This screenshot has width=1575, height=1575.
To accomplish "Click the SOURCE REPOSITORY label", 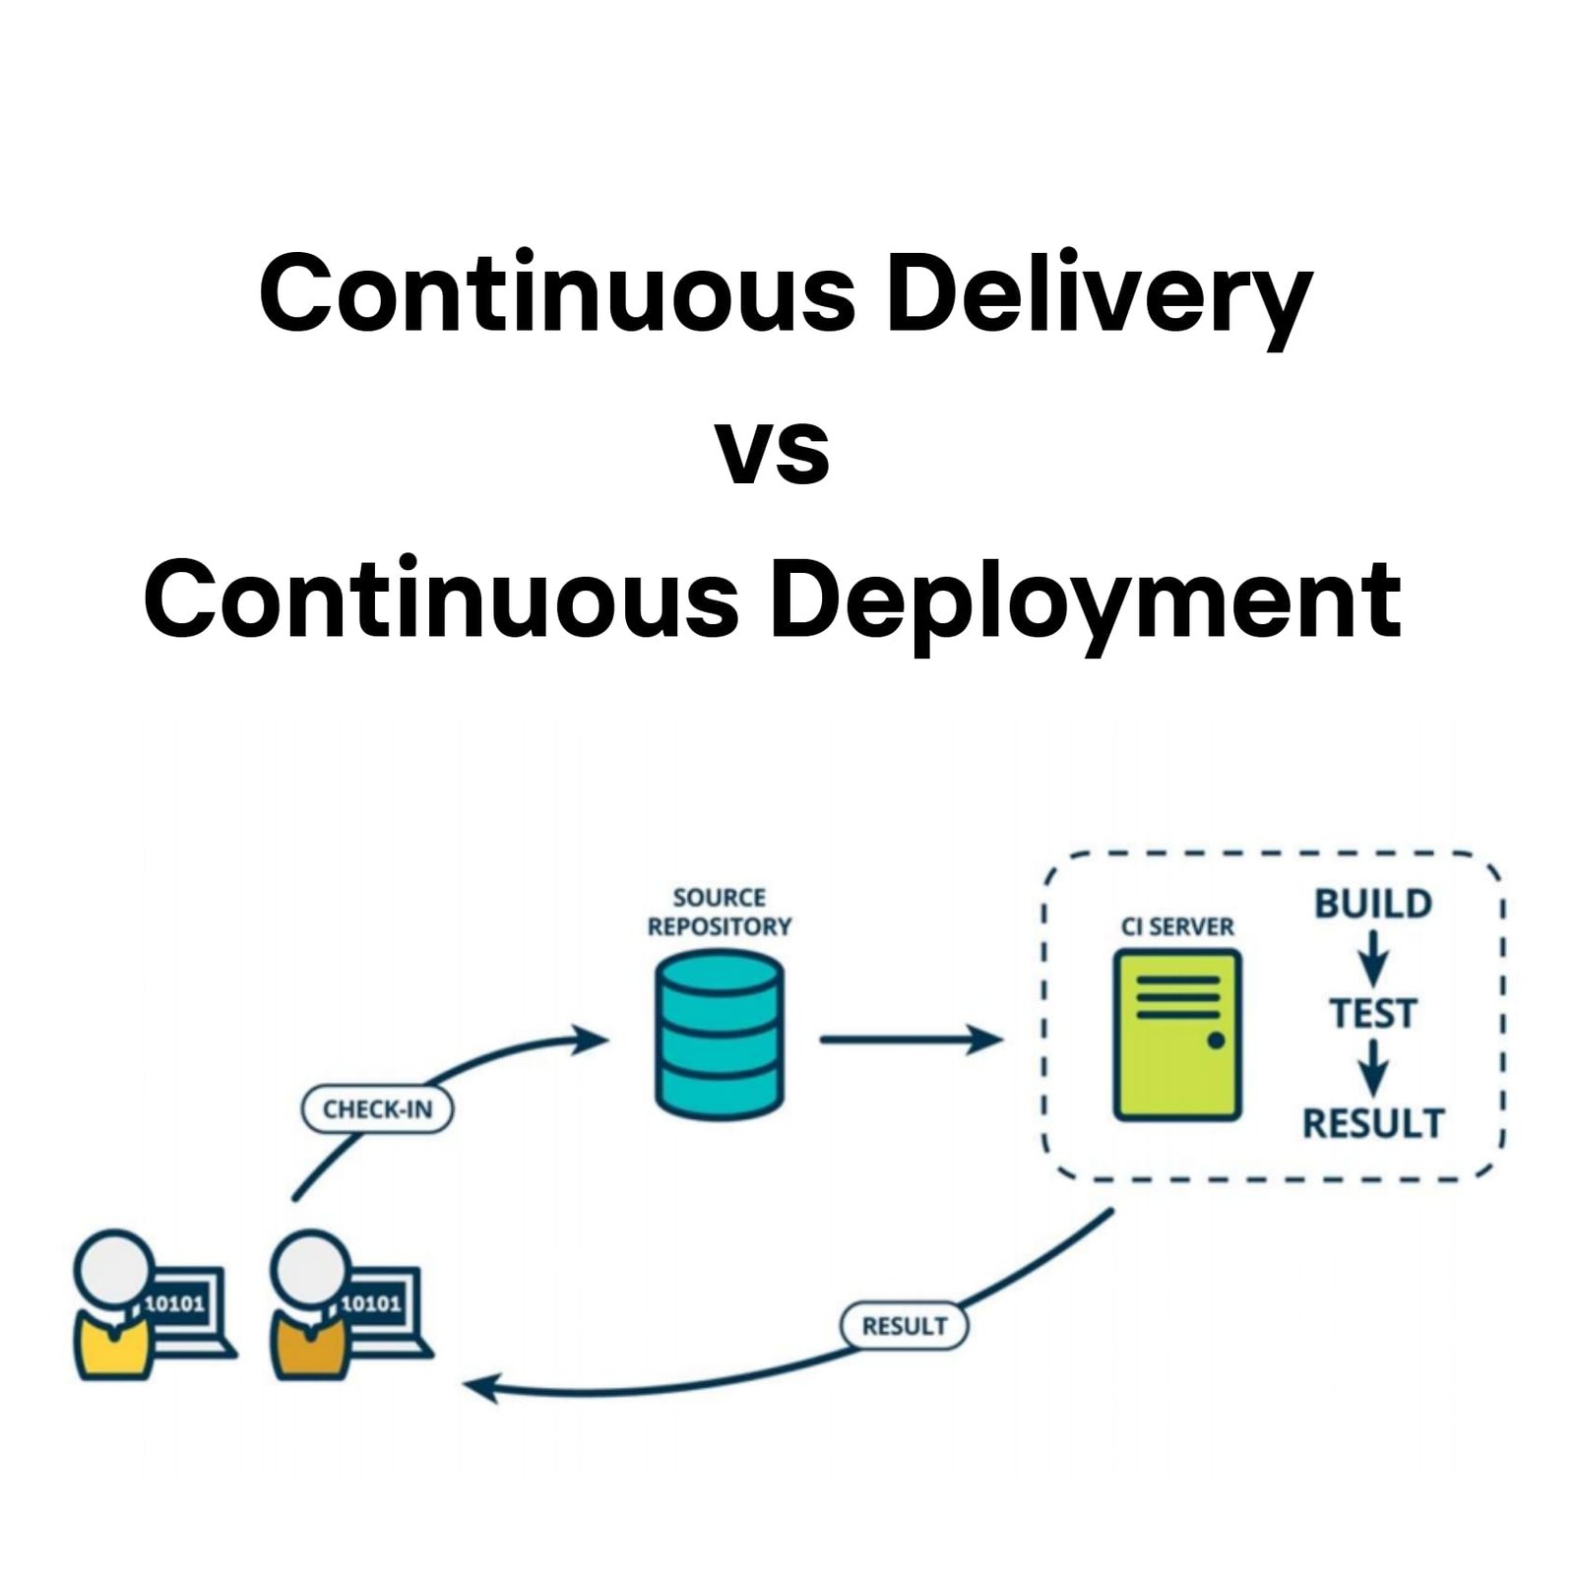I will point(719,912).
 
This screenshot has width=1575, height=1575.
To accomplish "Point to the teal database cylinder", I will point(719,1036).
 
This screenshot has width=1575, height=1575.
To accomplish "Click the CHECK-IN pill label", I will point(377,1109).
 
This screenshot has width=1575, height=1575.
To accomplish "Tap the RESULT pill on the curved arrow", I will point(904,1326).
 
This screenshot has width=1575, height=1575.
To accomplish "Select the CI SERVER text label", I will point(1177,926).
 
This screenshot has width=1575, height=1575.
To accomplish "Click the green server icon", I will point(1177,1034).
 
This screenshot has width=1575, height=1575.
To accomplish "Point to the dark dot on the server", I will point(1216,1040).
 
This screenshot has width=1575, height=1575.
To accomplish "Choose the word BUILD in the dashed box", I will point(1373,904).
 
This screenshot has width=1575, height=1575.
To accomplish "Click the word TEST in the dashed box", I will point(1373,1013).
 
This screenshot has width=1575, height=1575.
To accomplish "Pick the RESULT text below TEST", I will point(1373,1123).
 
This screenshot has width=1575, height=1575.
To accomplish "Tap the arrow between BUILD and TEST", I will point(1373,958).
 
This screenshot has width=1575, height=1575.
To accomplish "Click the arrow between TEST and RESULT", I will point(1373,1068).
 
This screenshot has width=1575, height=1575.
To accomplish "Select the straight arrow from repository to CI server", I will point(911,1039).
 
